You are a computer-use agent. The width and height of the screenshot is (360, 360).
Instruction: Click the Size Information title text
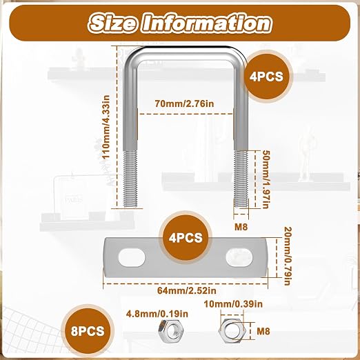click(x=181, y=23)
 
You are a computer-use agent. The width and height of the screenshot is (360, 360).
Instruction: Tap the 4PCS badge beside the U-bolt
click(x=266, y=77)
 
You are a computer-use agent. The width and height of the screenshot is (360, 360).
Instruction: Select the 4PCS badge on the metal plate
click(x=186, y=237)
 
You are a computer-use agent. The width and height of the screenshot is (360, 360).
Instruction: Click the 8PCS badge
click(x=88, y=331)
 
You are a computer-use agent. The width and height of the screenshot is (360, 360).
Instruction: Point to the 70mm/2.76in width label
click(x=184, y=103)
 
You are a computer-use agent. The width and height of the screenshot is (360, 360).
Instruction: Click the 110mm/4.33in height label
click(x=106, y=127)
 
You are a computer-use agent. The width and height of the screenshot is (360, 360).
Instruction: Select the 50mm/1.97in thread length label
click(x=266, y=179)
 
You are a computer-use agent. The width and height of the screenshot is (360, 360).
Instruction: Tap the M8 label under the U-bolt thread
click(x=241, y=227)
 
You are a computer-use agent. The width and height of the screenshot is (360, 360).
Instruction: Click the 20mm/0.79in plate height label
click(x=288, y=256)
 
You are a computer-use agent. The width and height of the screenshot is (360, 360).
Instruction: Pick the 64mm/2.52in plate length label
click(x=187, y=290)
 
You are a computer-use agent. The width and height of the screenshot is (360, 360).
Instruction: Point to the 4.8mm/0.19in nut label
click(x=157, y=314)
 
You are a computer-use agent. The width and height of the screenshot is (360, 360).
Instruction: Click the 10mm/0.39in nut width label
click(x=233, y=304)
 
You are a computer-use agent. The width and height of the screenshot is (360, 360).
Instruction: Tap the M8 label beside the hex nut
click(x=263, y=331)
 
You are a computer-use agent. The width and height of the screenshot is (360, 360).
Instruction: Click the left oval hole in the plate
click(x=132, y=257)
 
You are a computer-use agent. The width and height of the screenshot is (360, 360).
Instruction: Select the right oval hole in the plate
click(x=239, y=257)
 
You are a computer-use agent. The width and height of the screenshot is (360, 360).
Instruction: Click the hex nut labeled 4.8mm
click(x=171, y=331)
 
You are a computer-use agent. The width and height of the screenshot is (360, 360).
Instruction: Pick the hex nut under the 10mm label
click(x=232, y=331)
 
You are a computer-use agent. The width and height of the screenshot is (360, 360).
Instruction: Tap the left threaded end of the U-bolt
click(x=130, y=179)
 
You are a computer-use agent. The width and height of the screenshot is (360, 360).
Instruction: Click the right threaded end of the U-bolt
click(x=241, y=179)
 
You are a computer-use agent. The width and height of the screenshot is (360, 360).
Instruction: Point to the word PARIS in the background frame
click(x=74, y=201)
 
